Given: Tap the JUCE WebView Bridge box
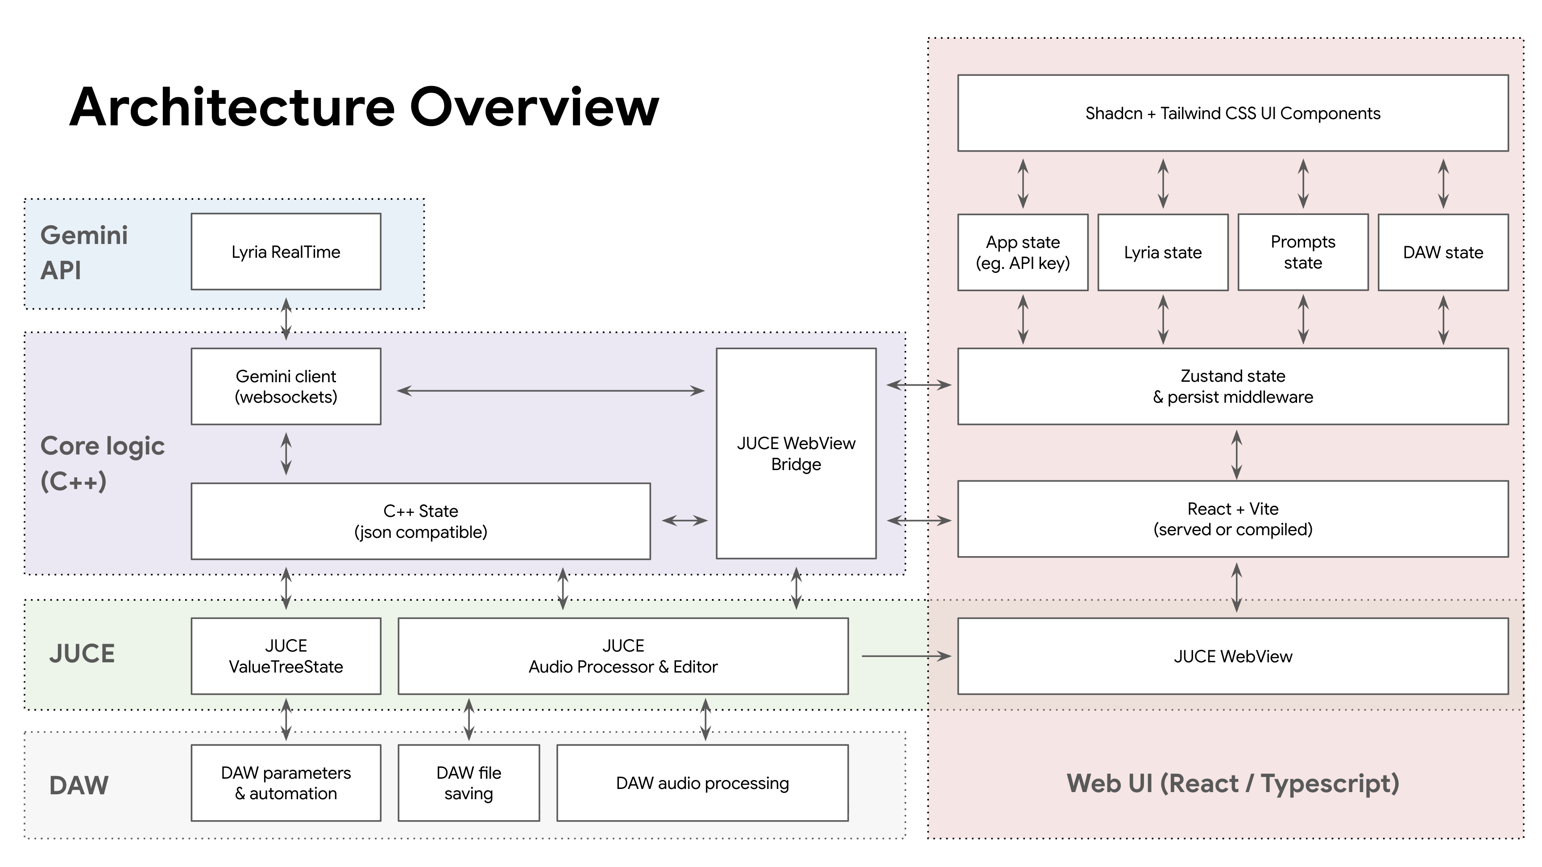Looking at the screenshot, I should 796,453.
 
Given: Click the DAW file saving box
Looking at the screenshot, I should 468,783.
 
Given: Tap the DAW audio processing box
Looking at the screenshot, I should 702,783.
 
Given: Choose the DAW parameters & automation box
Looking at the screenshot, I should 286,783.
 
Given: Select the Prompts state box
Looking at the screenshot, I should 1302,252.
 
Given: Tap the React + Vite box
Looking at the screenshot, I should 1232,518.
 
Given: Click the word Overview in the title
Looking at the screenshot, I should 534,107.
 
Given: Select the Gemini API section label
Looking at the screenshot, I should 84,252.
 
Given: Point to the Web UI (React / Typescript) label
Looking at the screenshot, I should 1232,783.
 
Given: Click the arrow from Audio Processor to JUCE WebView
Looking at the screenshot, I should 905,656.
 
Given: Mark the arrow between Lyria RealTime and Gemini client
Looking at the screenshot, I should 286,319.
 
